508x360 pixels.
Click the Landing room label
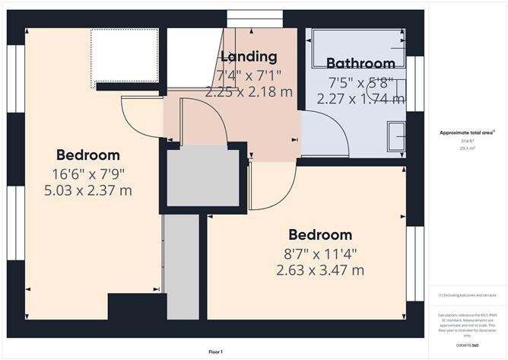pyautogui.click(x=249, y=56)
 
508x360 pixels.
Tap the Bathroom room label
pyautogui.click(x=361, y=63)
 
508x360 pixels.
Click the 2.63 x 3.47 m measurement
pyautogui.click(x=319, y=269)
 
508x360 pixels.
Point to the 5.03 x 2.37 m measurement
pyautogui.click(x=88, y=190)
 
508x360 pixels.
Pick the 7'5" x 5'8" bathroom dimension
pyautogui.click(x=361, y=81)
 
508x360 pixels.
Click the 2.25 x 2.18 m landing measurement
pyautogui.click(x=249, y=91)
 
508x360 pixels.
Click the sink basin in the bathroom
pyautogui.click(x=396, y=137)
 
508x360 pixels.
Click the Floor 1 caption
pyautogui.click(x=215, y=352)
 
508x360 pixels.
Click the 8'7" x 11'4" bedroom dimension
pyautogui.click(x=319, y=253)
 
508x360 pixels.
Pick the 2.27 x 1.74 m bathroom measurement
pyautogui.click(x=361, y=98)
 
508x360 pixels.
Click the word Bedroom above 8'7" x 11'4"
pyautogui.click(x=319, y=234)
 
